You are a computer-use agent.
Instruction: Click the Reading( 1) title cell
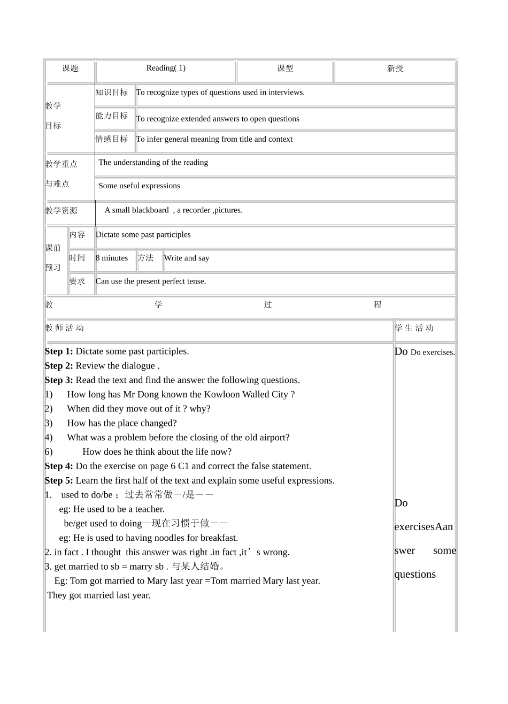pyautogui.click(x=166, y=68)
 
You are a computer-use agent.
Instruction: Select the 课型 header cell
pyautogui.click(x=285, y=68)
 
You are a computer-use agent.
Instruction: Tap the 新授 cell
pyautogui.click(x=395, y=68)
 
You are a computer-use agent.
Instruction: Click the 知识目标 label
pyautogui.click(x=112, y=93)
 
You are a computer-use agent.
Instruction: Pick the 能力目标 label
pyautogui.click(x=112, y=116)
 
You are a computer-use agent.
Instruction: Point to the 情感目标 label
pyautogui.click(x=112, y=139)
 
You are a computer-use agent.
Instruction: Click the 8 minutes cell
pyautogui.click(x=112, y=258)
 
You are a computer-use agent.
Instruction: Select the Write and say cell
pyautogui.click(x=187, y=258)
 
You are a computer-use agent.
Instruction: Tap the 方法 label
pyautogui.click(x=145, y=258)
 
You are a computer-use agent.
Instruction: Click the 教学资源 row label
pyautogui.click(x=61, y=211)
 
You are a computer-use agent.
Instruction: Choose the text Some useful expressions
pyautogui.click(x=139, y=186)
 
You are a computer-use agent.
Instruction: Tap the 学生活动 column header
pyautogui.click(x=414, y=328)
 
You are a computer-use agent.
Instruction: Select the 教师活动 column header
pyautogui.click(x=65, y=328)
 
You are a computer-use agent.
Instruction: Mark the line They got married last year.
pyautogui.click(x=99, y=595)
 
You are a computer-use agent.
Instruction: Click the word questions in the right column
pyautogui.click(x=415, y=575)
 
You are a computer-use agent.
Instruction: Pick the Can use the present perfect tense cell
pyautogui.click(x=151, y=281)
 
